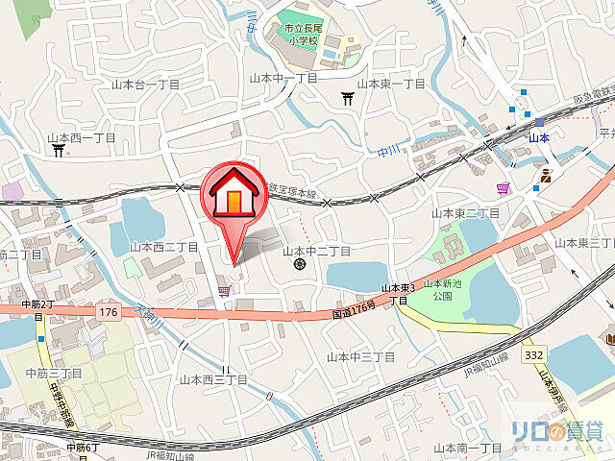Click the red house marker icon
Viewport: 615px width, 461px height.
point(234,192)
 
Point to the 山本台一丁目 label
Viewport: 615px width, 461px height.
point(145,85)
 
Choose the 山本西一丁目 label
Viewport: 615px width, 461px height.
point(83,137)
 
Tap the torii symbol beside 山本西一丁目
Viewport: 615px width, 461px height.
point(59,150)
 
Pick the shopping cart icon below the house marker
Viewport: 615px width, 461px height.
point(225,291)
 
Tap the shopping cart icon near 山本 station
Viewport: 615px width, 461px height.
point(502,188)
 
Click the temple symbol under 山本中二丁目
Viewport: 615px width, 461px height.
point(300,263)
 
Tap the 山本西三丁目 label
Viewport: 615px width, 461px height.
point(213,380)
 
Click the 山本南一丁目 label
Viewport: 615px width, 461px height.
point(468,448)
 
